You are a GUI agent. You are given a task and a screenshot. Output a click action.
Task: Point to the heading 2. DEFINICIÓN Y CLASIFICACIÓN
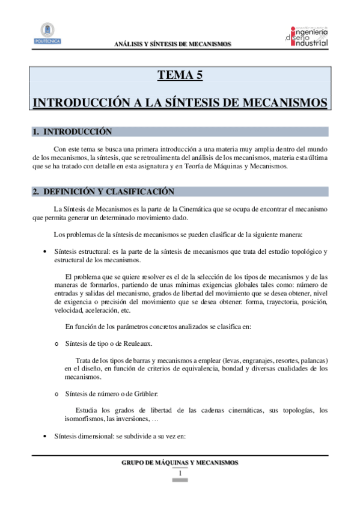click(x=103, y=192)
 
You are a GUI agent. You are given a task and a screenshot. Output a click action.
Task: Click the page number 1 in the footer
click(x=180, y=473)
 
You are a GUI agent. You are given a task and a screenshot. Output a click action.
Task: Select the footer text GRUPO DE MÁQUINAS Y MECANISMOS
click(x=180, y=462)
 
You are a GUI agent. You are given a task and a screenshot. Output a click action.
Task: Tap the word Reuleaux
click(x=136, y=343)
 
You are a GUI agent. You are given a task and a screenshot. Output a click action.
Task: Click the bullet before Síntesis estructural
click(x=38, y=250)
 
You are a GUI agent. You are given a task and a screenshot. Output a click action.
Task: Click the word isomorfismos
click(x=84, y=419)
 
